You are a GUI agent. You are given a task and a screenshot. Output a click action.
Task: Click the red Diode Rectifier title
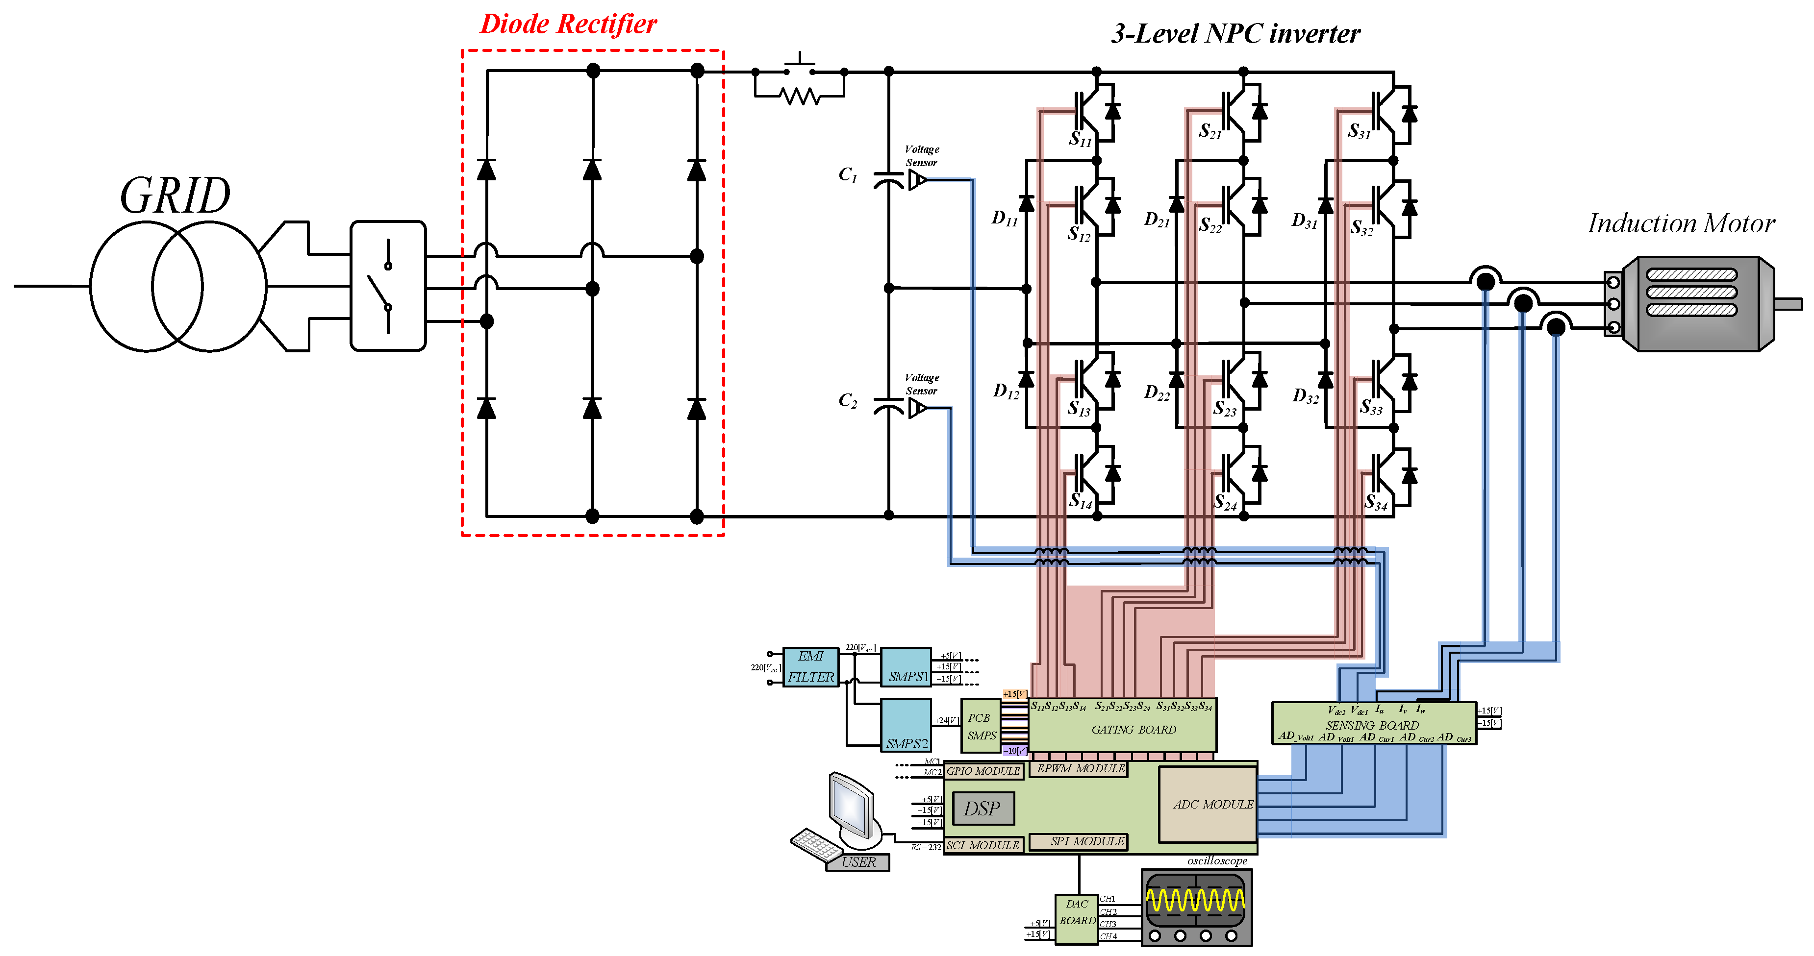(568, 24)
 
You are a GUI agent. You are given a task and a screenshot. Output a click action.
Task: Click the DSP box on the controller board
(983, 808)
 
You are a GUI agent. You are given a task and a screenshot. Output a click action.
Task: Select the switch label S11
(1080, 139)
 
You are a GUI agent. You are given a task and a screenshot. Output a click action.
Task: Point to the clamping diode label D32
(1305, 396)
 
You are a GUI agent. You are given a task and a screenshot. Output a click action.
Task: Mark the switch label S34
(1375, 502)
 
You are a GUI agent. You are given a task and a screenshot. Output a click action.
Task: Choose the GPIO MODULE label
(983, 771)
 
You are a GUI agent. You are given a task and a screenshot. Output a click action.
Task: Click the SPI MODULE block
(1078, 841)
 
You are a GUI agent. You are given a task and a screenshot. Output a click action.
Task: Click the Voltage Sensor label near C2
(921, 384)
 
